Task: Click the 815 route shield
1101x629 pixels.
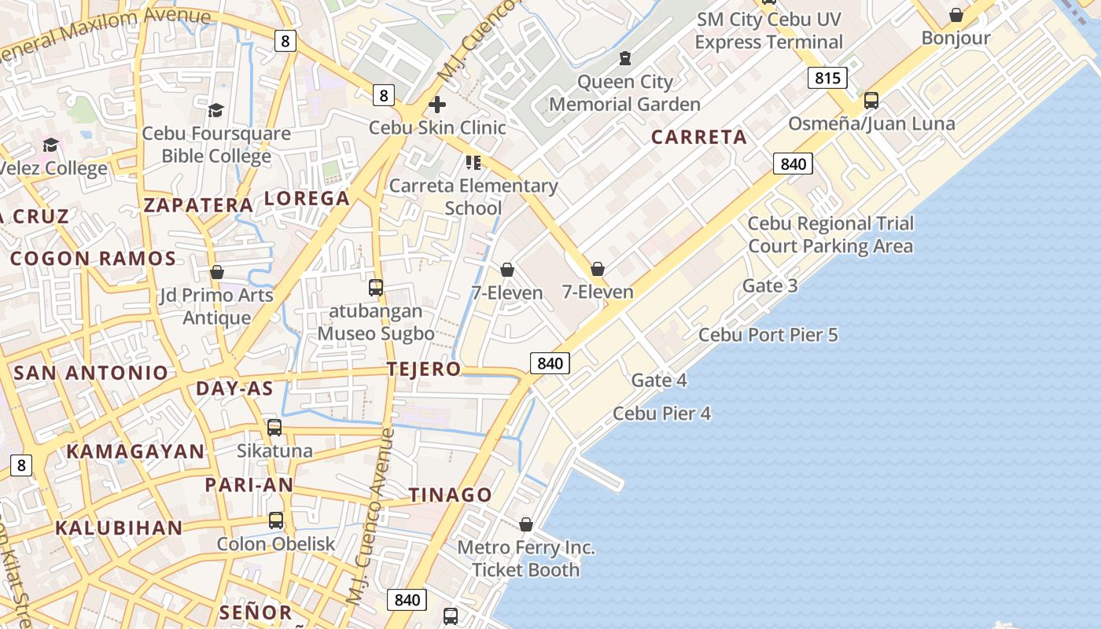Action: (x=827, y=77)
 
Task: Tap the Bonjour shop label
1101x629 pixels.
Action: (x=956, y=38)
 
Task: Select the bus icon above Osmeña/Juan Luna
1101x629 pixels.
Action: (x=871, y=101)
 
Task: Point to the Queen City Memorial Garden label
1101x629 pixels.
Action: (x=624, y=93)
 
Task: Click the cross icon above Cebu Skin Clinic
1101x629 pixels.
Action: (x=437, y=105)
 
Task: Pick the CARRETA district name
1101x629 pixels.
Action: (x=699, y=137)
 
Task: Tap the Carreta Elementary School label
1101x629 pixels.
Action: (x=473, y=197)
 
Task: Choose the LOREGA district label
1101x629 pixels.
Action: (x=307, y=198)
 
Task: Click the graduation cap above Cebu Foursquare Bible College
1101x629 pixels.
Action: (x=215, y=110)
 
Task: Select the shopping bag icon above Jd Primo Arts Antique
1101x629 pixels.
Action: (x=217, y=272)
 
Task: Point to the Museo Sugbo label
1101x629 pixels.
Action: (x=376, y=333)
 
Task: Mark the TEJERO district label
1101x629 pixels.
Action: (x=424, y=369)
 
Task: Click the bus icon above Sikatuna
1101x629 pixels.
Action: (x=274, y=428)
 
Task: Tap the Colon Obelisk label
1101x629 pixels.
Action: (x=275, y=543)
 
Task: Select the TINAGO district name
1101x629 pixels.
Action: (x=451, y=495)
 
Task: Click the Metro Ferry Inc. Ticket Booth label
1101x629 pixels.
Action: (x=525, y=558)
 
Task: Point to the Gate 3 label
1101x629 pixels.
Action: (x=770, y=285)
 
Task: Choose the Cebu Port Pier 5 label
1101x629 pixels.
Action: (x=768, y=335)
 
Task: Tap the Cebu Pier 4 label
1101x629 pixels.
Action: (x=661, y=413)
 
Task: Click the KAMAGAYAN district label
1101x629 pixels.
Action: (x=135, y=451)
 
